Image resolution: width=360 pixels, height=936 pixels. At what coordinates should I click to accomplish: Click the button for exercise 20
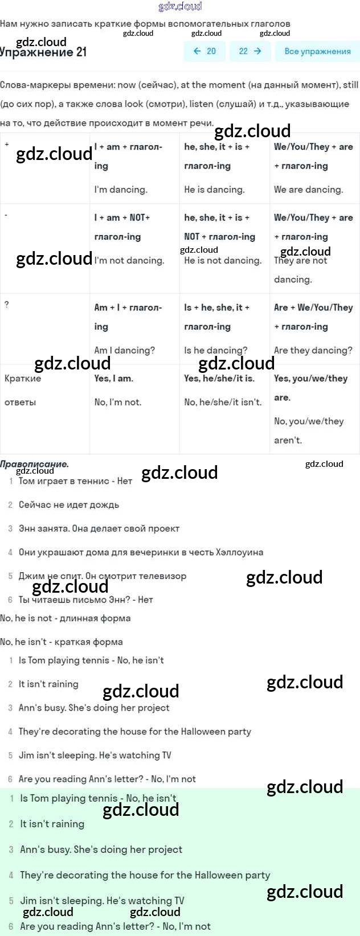coord(204,51)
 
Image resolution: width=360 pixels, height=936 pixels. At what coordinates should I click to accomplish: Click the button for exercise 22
coord(250,51)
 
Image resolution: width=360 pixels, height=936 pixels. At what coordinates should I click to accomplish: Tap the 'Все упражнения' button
coord(317,51)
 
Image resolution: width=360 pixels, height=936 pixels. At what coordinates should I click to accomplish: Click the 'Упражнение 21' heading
coord(44,52)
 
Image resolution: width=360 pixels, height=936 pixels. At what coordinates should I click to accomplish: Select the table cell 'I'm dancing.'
coord(121,190)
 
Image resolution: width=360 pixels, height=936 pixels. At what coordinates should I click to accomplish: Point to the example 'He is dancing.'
coord(214,190)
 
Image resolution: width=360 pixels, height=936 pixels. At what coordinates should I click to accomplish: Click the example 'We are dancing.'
coord(308,190)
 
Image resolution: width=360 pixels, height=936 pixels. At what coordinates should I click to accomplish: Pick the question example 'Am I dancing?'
coord(124,350)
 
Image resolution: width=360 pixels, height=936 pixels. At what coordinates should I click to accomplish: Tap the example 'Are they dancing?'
coord(313,350)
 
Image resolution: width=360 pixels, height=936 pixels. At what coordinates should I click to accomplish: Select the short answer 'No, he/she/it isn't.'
coord(223,402)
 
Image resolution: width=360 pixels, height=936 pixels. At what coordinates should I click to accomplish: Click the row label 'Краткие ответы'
coord(23,390)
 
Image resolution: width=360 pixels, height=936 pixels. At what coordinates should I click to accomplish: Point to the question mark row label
coord(7,305)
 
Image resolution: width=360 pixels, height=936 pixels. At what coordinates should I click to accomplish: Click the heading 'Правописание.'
coord(34,464)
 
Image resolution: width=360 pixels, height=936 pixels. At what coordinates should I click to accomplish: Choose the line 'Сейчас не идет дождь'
coord(68,505)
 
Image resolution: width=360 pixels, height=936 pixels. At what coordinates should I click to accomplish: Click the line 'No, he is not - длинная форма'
coord(66,618)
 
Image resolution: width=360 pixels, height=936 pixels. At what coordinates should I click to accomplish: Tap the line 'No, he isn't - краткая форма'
coord(62,642)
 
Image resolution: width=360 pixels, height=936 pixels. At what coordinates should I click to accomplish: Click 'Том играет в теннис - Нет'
coord(75,481)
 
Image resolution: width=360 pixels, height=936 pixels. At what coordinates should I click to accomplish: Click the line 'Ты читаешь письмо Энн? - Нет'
coord(85,600)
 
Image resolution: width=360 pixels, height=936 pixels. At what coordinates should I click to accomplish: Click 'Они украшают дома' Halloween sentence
coord(141,552)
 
